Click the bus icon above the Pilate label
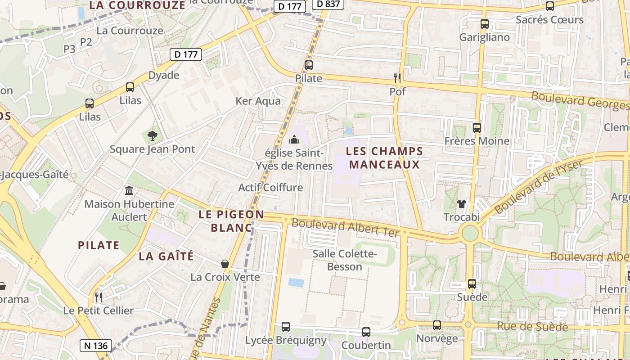coord(309,65)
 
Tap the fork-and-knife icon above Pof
coord(397,78)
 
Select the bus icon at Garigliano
coord(485,24)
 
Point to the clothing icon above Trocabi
coord(461,204)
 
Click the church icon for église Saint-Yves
coord(294,139)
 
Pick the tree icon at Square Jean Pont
coord(153,135)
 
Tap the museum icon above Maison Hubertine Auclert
coord(129,190)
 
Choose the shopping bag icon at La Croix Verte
coord(225,263)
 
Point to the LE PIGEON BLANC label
coord(231,221)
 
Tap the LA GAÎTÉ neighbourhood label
coord(166,256)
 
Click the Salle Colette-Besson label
coord(345,260)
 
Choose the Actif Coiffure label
coord(270,188)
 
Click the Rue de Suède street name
coord(532,327)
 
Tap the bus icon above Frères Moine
coord(477,128)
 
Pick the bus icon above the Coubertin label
coord(366,332)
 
